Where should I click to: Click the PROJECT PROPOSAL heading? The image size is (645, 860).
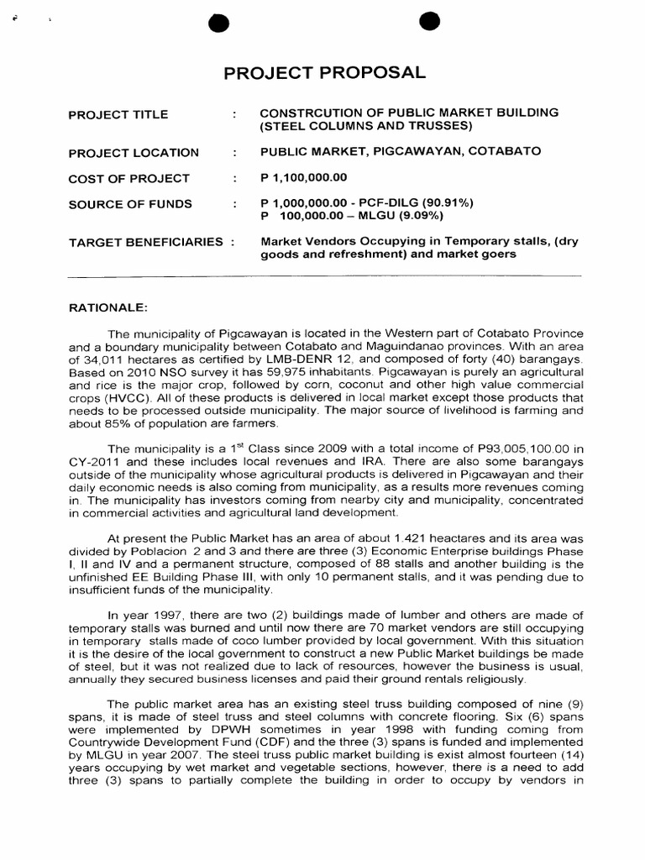pos(324,73)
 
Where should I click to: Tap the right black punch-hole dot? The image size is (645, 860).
pos(430,24)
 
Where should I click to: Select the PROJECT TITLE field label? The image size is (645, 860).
pos(118,114)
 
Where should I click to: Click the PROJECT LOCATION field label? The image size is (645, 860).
pos(134,153)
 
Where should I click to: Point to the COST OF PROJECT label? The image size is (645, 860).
pos(128,178)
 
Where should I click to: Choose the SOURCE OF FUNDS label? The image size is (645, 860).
pos(129,203)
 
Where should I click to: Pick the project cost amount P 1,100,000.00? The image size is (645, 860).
pos(303,178)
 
